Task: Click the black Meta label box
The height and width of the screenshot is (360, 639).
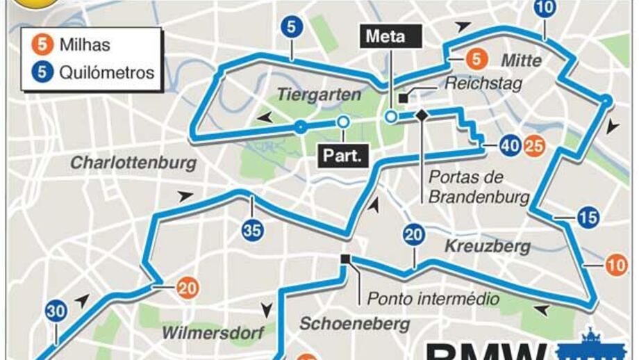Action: (385, 37)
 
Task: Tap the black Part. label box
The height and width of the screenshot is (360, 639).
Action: (342, 155)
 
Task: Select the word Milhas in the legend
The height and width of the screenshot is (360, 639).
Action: (84, 46)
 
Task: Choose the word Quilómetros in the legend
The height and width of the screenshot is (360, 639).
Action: (106, 72)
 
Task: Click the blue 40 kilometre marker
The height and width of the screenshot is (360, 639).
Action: (511, 146)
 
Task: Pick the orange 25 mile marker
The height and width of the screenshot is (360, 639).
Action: (533, 146)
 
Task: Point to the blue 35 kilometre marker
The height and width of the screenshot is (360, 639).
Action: (253, 230)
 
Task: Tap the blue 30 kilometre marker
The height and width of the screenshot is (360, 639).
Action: (56, 311)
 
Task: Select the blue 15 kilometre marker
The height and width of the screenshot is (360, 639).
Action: (588, 218)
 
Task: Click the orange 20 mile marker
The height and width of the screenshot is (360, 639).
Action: (186, 287)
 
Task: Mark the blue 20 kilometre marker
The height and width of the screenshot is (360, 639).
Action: (414, 236)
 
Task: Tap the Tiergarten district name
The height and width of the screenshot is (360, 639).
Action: (319, 95)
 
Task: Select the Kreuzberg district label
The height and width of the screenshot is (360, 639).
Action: (488, 246)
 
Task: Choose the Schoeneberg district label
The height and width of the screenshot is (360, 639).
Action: (354, 324)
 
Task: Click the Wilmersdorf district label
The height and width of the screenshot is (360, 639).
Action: (213, 333)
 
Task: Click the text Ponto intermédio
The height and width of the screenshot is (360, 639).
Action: (433, 300)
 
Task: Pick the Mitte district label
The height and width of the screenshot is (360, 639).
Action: (521, 61)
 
